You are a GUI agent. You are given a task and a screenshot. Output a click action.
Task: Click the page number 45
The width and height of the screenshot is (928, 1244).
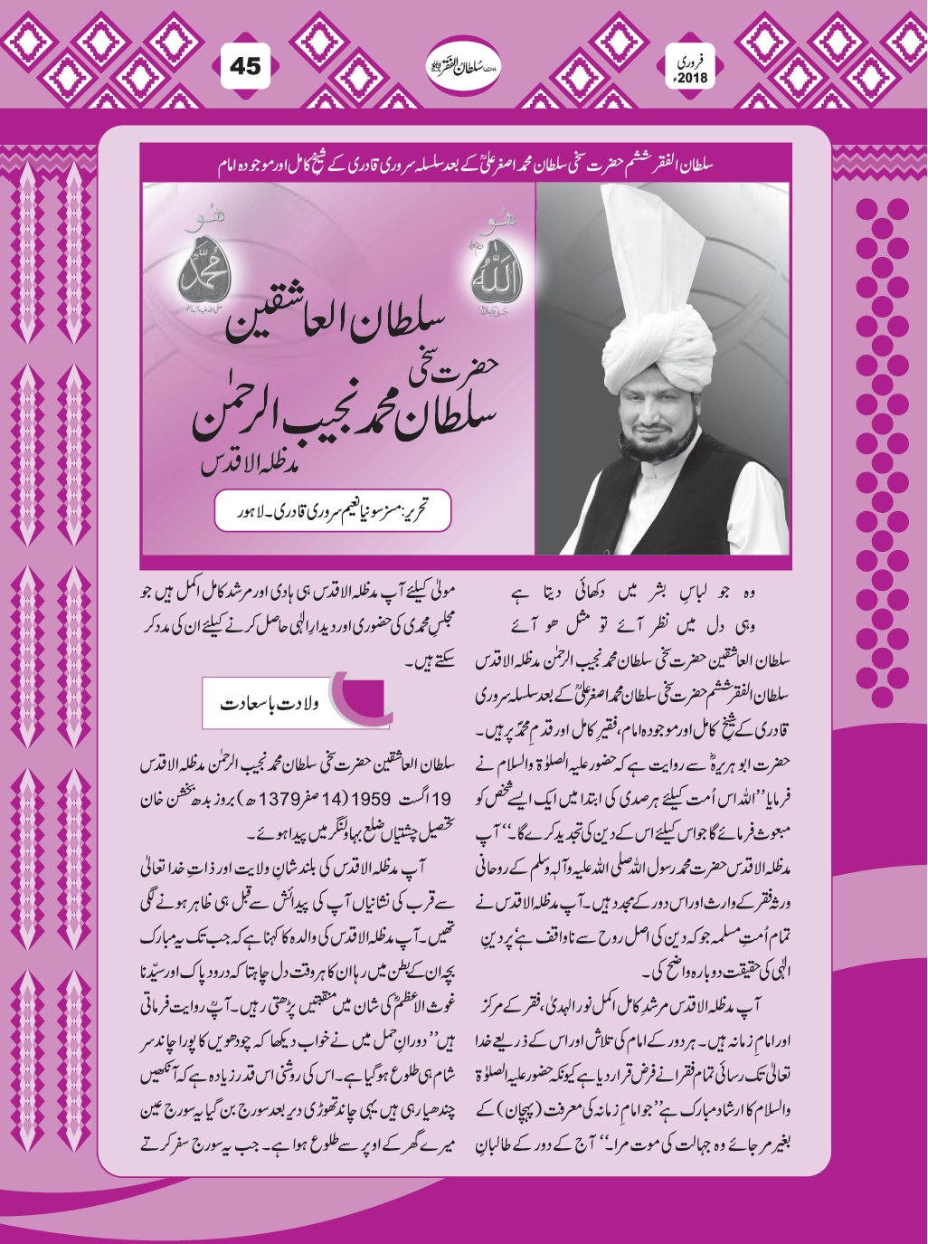click(245, 67)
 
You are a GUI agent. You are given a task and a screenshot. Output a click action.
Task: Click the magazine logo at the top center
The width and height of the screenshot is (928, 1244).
click(463, 67)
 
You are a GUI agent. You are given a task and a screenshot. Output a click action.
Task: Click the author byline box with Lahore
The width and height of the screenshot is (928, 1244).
click(332, 512)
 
